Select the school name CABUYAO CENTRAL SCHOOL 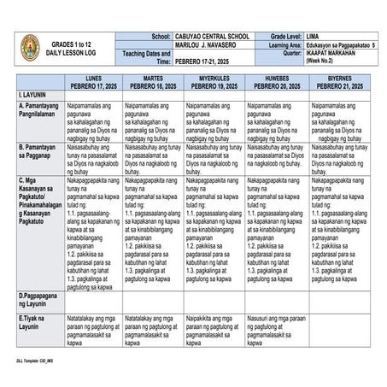[211, 37]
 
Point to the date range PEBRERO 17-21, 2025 [206, 62]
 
